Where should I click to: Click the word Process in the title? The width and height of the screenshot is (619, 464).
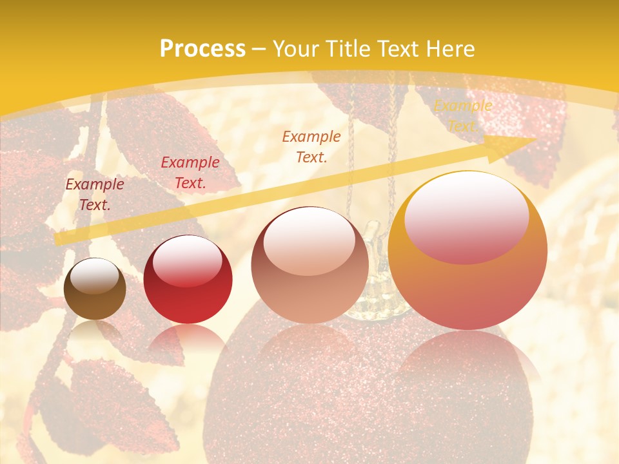(x=202, y=49)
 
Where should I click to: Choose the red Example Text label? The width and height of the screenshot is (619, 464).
(x=190, y=173)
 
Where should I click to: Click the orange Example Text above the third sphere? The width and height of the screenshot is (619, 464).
(x=311, y=146)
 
